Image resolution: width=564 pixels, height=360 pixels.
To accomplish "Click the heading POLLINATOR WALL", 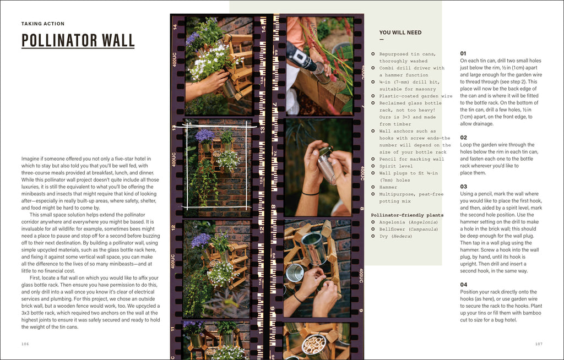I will tap(78, 41).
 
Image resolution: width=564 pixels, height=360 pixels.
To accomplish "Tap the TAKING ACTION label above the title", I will tap(43, 24).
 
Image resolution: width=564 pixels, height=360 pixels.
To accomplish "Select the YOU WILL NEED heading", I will tap(400, 32).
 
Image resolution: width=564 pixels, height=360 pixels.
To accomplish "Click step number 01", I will tap(463, 53).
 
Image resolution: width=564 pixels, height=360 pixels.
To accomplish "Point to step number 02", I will tap(463, 138).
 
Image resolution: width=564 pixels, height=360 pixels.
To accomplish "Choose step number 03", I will tap(463, 187).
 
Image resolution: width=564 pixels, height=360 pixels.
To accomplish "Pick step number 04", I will tap(463, 285).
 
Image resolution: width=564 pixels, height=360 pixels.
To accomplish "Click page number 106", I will tap(25, 344).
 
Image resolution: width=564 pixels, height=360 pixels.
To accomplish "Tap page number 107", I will tap(539, 344).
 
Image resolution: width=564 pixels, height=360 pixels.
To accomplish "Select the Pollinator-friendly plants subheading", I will tap(406, 215).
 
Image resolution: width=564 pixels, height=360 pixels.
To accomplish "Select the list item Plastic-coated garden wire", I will tap(416, 96).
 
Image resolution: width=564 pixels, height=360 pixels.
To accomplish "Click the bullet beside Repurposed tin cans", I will tap(373, 54).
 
